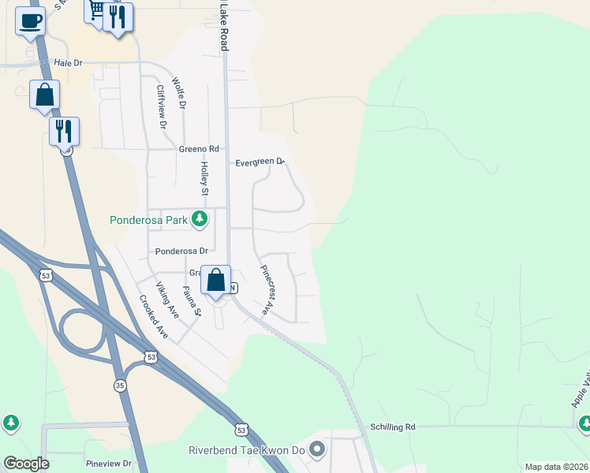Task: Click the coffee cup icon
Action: point(30,21)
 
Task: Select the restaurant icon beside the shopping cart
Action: point(118,17)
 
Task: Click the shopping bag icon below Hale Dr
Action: point(45,95)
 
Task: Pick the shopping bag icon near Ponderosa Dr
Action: point(215,280)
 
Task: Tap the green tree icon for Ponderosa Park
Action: point(200,219)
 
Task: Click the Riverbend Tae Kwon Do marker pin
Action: point(317,450)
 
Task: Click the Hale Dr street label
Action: point(68,62)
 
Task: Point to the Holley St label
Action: point(204,179)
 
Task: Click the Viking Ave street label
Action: point(167,300)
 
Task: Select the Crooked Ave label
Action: point(153,317)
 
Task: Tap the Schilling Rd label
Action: point(392,426)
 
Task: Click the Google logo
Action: point(26,464)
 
